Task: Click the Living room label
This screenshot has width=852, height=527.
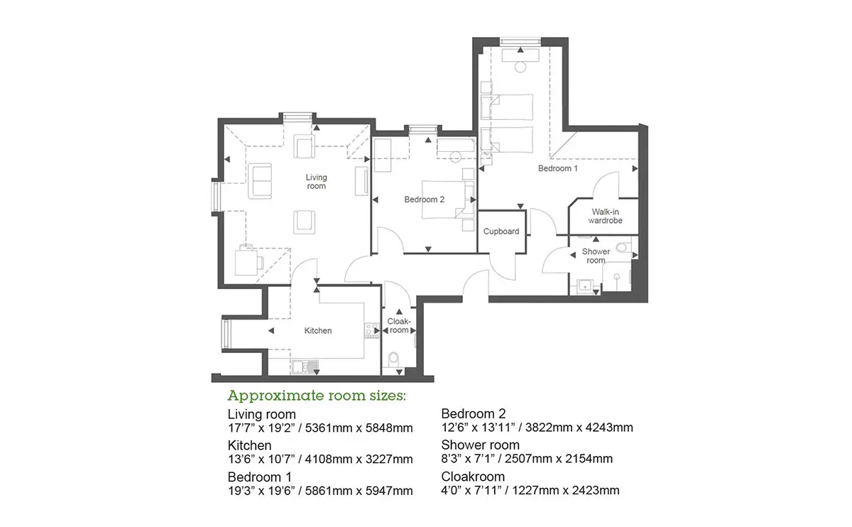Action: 316,182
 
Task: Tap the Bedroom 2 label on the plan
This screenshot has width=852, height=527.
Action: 424,200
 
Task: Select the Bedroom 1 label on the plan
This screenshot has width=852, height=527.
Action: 557,168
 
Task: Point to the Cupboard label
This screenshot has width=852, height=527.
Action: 501,232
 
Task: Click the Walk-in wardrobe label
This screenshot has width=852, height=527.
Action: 605,216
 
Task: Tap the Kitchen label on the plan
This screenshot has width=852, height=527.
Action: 317,331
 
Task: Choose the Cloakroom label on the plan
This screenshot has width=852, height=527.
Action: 398,326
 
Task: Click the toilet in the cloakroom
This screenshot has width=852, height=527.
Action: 393,359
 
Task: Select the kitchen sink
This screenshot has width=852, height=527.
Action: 305,366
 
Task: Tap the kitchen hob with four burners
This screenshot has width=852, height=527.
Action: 371,331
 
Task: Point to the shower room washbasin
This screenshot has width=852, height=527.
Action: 584,286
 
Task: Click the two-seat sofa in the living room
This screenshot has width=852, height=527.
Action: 260,181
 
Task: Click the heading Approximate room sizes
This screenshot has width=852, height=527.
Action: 317,396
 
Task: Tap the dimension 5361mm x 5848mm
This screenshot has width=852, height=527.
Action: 359,428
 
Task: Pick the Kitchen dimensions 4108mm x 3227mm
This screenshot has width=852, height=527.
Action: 359,460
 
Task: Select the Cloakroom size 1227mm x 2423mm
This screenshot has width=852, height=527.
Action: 566,490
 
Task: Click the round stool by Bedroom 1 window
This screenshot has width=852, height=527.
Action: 520,67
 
